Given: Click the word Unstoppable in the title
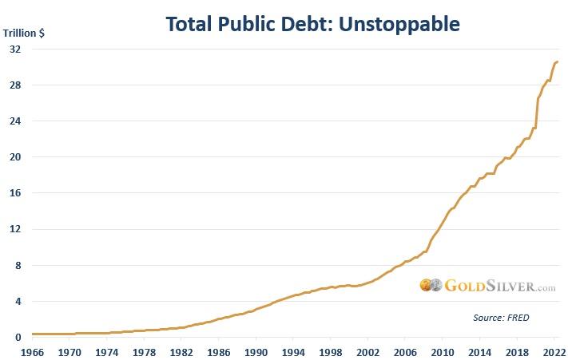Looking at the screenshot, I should pyautogui.click(x=403, y=24).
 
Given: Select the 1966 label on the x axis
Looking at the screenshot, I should pyautogui.click(x=32, y=351).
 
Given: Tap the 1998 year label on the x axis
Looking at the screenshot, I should pyautogui.click(x=331, y=351).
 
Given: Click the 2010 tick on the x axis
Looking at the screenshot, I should pyautogui.click(x=443, y=351).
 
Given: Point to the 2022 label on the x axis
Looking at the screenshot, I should pyautogui.click(x=554, y=351).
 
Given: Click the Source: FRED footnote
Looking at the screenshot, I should pyautogui.click(x=499, y=318).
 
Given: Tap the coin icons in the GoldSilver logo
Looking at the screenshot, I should pyautogui.click(x=431, y=285).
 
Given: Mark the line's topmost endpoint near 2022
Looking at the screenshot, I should pyautogui.click(x=557, y=62).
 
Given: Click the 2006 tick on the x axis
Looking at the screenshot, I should pyautogui.click(x=405, y=351).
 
